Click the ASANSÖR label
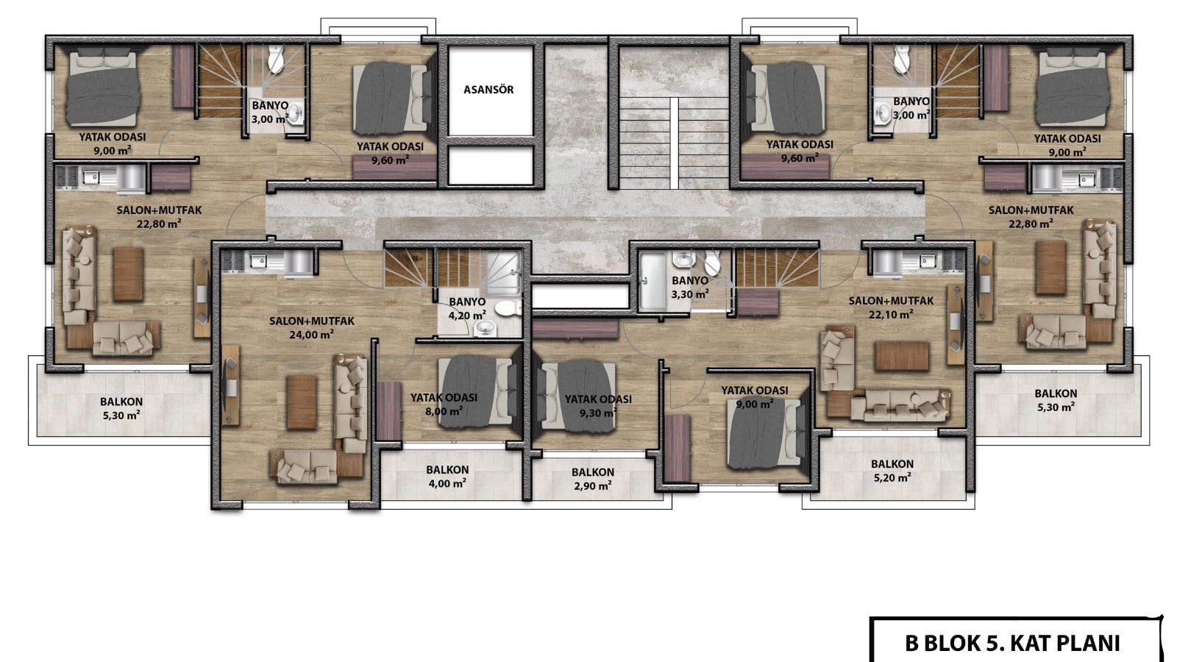(x=488, y=90)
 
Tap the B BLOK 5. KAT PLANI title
(x=1012, y=643)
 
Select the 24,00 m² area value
(x=312, y=335)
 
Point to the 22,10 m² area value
(x=891, y=315)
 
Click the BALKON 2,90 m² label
(x=593, y=479)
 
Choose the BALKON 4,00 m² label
(x=447, y=477)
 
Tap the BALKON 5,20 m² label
(x=892, y=471)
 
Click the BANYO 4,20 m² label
(x=467, y=309)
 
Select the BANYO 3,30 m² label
(x=690, y=288)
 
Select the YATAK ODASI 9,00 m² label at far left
(x=113, y=144)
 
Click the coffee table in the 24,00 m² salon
(x=302, y=402)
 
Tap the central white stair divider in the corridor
(x=674, y=143)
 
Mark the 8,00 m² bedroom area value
(x=444, y=411)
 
